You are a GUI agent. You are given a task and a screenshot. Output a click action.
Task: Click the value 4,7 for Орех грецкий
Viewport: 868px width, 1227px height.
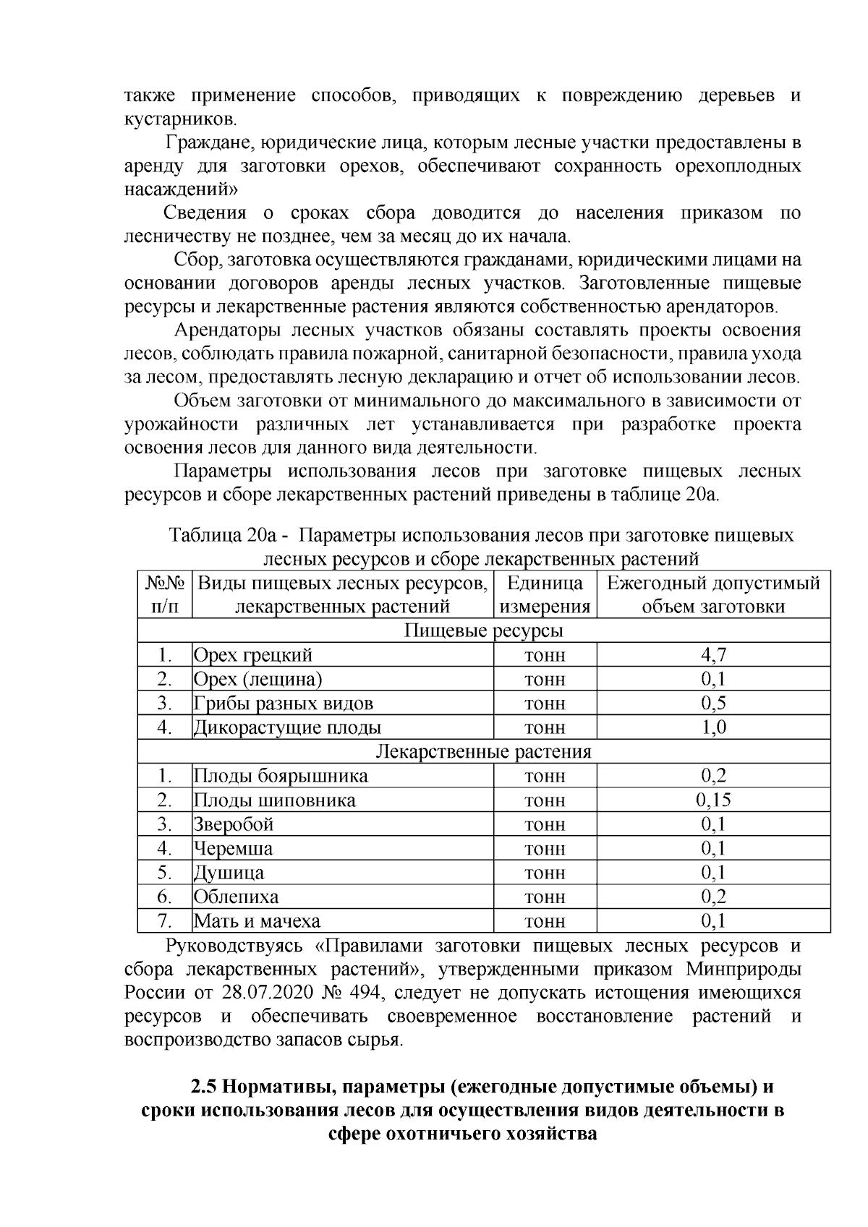[713, 655]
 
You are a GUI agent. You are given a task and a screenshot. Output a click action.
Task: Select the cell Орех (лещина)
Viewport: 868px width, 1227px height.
[258, 680]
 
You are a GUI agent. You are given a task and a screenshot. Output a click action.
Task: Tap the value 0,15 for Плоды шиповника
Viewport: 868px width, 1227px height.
[713, 800]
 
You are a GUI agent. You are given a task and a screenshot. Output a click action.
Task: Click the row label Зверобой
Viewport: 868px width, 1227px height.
[233, 824]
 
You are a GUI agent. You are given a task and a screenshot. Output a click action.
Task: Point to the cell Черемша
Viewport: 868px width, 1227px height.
[233, 848]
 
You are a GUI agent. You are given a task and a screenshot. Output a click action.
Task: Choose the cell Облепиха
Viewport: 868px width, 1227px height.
[236, 897]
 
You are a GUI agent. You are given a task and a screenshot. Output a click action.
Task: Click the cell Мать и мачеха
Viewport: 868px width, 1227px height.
[257, 921]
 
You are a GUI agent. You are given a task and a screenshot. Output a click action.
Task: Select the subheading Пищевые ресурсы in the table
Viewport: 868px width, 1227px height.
[483, 630]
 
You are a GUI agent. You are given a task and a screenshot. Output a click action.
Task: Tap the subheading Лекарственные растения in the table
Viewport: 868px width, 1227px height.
[483, 751]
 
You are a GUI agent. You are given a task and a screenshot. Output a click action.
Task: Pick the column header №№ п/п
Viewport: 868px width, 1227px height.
[165, 594]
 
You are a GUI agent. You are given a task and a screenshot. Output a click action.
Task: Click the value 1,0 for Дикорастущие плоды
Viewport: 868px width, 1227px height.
[713, 727]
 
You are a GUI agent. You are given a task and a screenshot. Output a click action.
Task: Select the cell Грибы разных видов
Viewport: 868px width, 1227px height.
[283, 704]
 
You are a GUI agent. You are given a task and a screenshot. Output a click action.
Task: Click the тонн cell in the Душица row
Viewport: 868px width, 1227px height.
[545, 873]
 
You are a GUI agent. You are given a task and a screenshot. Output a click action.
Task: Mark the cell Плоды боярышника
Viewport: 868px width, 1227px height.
[281, 776]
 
